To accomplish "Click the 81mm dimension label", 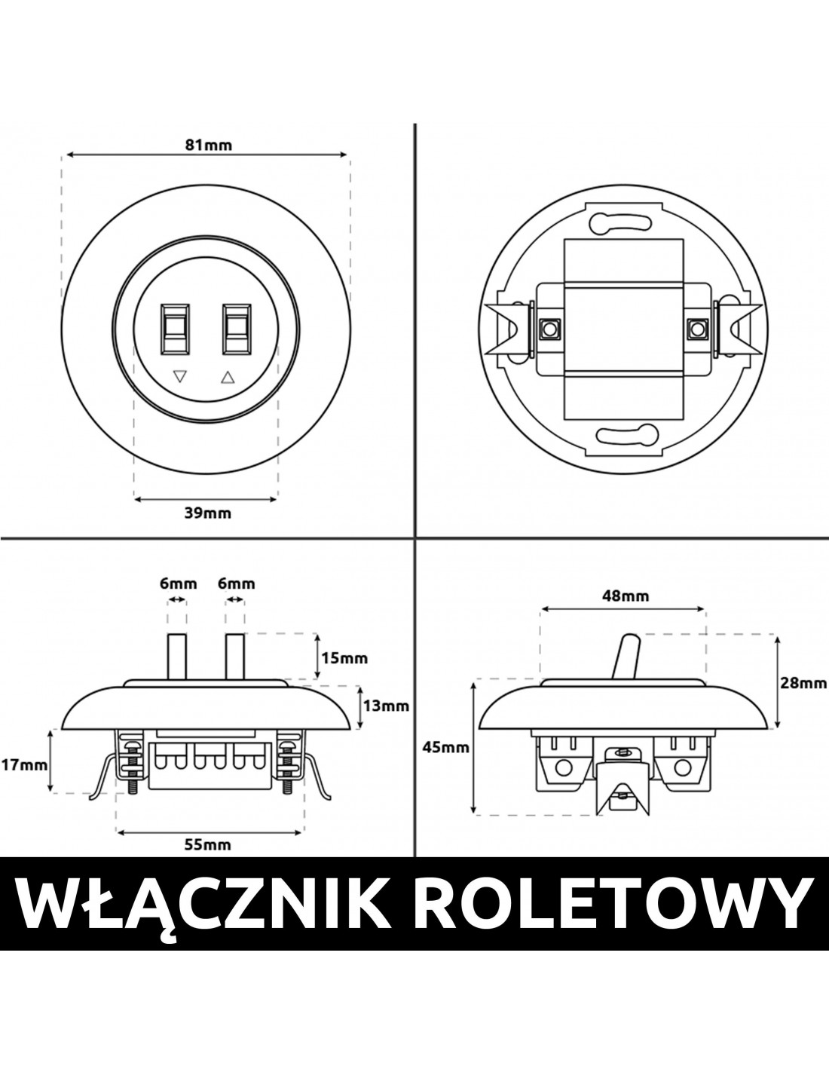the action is pos(208,145).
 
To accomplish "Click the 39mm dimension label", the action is pos(207,513).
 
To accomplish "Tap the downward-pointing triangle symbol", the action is pos(180,376).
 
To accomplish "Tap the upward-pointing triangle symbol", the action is pos(228,378).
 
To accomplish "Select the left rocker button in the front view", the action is pos(175,329).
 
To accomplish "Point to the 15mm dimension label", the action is pos(344,658).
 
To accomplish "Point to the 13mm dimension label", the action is pos(386,706).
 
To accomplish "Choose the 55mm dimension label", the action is pos(207,844).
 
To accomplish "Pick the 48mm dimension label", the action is pos(626,596).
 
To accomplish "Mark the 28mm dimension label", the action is pos(803,683).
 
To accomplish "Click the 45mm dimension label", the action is pos(446,761).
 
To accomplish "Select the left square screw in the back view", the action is pos(547,328).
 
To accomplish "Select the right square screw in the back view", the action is pos(696,328).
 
